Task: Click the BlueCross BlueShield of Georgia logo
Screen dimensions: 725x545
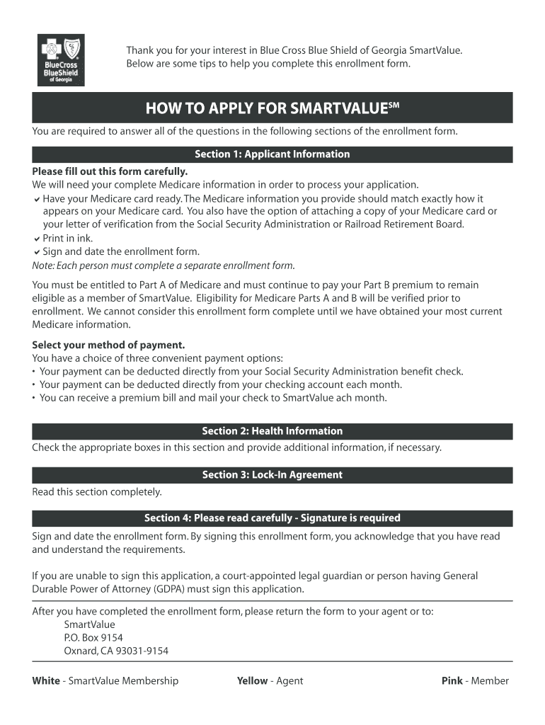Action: point(61,59)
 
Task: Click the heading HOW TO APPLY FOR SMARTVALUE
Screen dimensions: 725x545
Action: point(272,109)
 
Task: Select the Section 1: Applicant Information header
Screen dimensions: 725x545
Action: point(272,154)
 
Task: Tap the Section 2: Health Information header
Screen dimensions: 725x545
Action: point(272,431)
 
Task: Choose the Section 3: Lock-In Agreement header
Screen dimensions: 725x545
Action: point(272,475)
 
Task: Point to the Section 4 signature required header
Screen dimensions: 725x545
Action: point(272,518)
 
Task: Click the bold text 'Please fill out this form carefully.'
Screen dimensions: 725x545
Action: point(110,172)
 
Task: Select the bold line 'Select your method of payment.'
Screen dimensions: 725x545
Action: point(108,346)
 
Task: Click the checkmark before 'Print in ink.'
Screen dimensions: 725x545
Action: point(36,239)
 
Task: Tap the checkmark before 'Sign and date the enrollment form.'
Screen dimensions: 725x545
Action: point(36,252)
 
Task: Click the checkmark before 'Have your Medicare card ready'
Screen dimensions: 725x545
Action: point(36,199)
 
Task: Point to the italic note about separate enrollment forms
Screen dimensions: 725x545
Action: point(163,266)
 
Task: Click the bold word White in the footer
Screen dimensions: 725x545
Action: point(46,681)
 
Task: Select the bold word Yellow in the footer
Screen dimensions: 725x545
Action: point(253,681)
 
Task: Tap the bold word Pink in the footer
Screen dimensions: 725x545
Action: point(452,681)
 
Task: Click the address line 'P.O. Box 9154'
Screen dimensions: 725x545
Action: point(93,638)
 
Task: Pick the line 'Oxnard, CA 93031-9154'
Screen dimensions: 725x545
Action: point(116,651)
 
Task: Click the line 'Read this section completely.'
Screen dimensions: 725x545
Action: point(97,492)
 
